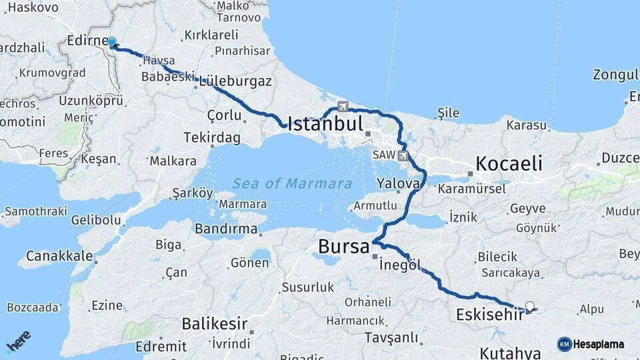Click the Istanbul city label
tap(325, 124)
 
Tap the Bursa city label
tap(343, 247)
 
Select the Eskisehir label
tap(490, 314)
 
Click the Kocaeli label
tap(509, 163)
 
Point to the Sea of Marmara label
tap(292, 183)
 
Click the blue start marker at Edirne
tap(112, 43)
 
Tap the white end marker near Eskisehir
tap(530, 307)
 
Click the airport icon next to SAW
tap(403, 155)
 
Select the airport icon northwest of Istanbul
tap(343, 106)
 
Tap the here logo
tap(18, 340)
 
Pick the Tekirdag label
tap(211, 137)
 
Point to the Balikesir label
tap(214, 325)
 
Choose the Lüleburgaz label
tap(235, 81)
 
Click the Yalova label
tap(397, 183)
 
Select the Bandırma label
tap(226, 229)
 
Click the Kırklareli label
tap(211, 35)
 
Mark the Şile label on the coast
tap(448, 112)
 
